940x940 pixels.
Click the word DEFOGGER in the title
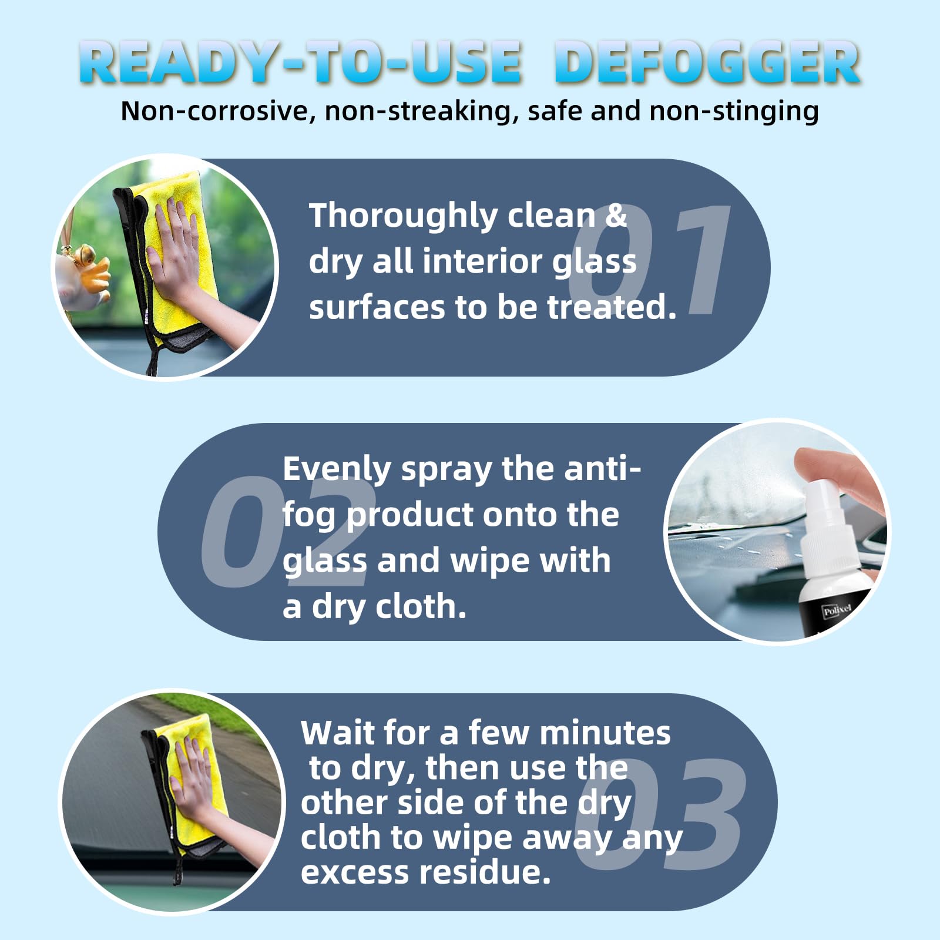click(x=707, y=62)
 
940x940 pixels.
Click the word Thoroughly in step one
click(x=404, y=217)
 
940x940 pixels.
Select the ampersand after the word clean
click(x=616, y=215)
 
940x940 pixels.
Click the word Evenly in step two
click(x=337, y=470)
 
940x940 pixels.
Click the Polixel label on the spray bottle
click(x=836, y=610)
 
